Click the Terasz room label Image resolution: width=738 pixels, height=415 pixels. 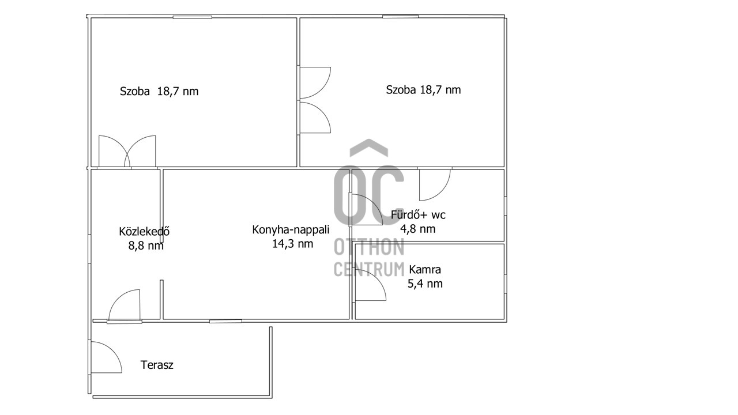pyautogui.click(x=157, y=365)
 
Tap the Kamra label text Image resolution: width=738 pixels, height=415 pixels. pyautogui.click(x=425, y=269)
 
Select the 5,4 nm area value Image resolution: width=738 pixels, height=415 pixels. pyautogui.click(x=425, y=284)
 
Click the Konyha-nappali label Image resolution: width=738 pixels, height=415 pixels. pyautogui.click(x=291, y=229)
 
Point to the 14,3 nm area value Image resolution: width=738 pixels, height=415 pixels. pyautogui.click(x=292, y=244)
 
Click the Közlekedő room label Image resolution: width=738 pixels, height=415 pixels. pyautogui.click(x=144, y=231)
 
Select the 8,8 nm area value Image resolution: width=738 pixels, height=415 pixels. pyautogui.click(x=146, y=246)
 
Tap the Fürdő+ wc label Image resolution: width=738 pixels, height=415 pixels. pyautogui.click(x=418, y=215)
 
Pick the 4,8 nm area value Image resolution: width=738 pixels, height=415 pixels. pyautogui.click(x=418, y=229)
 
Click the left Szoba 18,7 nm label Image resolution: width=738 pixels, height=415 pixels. pyautogui.click(x=159, y=91)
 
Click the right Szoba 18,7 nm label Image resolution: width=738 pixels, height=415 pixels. pyautogui.click(x=423, y=89)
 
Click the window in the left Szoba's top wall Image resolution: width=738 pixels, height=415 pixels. pyautogui.click(x=193, y=17)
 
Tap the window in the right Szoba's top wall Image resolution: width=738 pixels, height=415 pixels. pyautogui.click(x=400, y=16)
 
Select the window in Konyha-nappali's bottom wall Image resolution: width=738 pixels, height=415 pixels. pyautogui.click(x=225, y=321)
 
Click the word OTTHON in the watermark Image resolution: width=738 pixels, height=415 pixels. pyautogui.click(x=369, y=247)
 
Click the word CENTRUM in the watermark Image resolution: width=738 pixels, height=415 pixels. pyautogui.click(x=369, y=269)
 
